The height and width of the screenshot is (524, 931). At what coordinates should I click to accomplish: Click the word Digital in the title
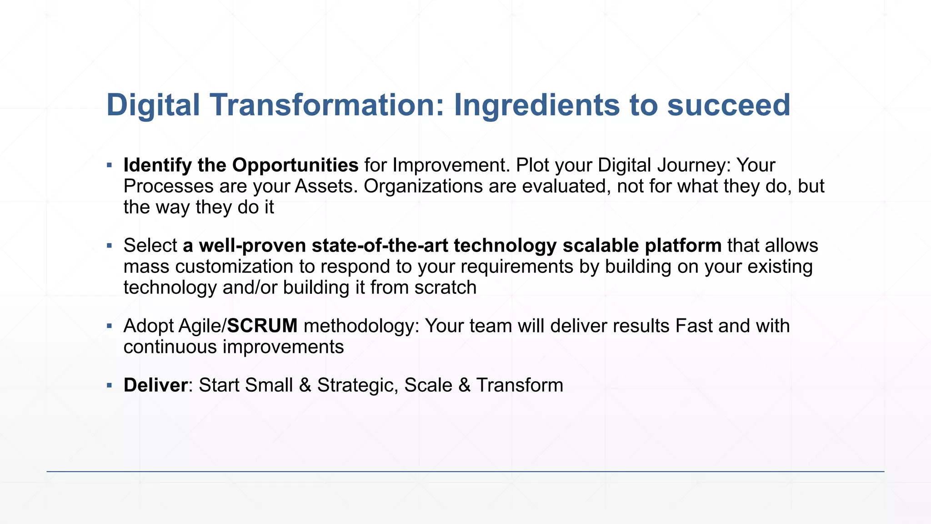click(x=153, y=105)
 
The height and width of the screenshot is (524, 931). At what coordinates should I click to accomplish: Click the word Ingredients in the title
click(x=537, y=105)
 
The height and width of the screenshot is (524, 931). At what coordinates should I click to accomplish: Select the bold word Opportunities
click(x=295, y=165)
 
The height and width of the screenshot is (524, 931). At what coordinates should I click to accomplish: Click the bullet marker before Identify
click(x=109, y=165)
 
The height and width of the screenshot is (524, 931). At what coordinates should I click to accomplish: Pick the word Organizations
click(x=423, y=186)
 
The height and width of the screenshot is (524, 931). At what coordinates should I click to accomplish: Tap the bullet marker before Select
click(x=109, y=246)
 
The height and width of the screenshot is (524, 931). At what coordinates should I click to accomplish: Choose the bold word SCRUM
click(x=262, y=326)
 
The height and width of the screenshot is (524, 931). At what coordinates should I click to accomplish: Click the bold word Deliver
click(x=155, y=385)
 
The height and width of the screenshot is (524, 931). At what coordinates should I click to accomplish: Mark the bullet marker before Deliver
click(x=109, y=385)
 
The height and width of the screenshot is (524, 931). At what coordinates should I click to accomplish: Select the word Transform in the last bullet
click(x=520, y=385)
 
